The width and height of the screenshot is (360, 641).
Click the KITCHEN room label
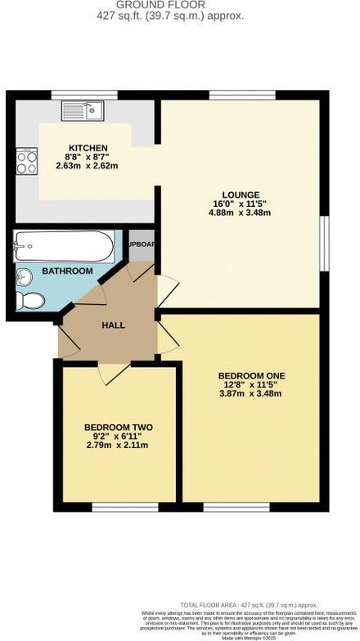point(88,147)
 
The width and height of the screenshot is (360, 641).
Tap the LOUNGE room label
point(239,194)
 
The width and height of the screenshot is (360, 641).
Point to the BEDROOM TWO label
point(119,427)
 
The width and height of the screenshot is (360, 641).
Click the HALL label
point(113,325)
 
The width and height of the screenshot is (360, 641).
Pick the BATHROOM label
point(67,271)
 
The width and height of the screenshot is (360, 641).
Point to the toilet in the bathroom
point(31,300)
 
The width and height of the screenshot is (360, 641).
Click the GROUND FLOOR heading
point(180,5)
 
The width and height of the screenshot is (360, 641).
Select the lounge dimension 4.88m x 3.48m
point(239,213)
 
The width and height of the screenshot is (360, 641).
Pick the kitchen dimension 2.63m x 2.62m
point(88,166)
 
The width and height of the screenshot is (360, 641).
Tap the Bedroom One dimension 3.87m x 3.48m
point(250,393)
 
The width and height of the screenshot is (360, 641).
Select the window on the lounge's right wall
point(325,242)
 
